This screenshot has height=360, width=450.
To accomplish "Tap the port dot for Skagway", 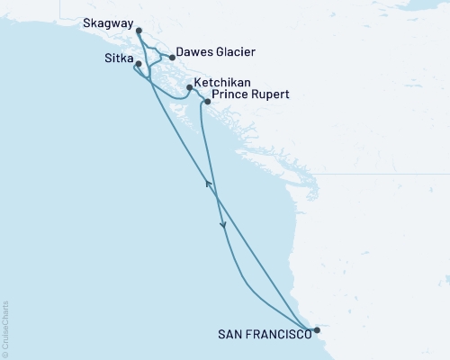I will pos(139,31).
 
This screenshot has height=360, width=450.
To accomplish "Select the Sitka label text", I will pos(119,59).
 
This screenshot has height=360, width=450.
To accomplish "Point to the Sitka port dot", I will pos(138,64).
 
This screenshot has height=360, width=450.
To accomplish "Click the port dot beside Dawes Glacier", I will pos(172,57).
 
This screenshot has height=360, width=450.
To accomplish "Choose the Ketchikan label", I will pos(219,80).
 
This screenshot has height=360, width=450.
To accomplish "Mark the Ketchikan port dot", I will pos(189,87).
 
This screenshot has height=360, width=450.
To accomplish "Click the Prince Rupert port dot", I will pos(208,101).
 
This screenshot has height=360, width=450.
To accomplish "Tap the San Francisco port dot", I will pos(317,330).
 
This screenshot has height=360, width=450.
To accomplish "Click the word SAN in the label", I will pos(230,333).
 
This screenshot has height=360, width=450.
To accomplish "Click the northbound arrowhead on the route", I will pos(208,184).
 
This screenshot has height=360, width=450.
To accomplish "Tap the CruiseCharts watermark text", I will pos(6,325).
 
